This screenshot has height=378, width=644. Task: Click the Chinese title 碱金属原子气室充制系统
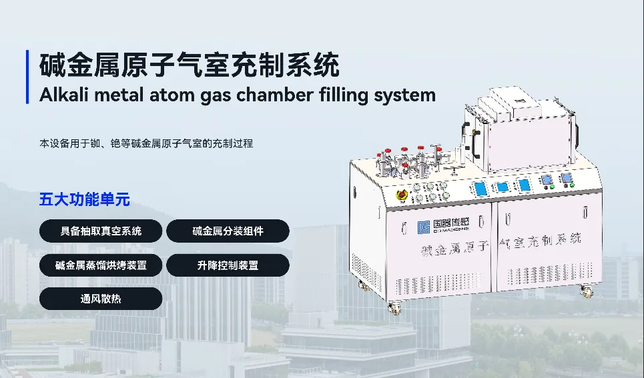pyautogui.click(x=190, y=66)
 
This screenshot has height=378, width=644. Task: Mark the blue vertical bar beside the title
pyautogui.click(x=28, y=77)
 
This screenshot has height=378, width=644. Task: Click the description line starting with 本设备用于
pyautogui.click(x=146, y=143)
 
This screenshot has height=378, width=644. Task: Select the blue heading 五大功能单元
pyautogui.click(x=84, y=199)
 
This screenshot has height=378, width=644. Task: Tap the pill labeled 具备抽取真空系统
pyautogui.click(x=101, y=231)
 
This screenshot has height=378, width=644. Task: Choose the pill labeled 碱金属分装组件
pyautogui.click(x=228, y=231)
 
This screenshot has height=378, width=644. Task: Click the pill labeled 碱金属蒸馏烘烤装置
pyautogui.click(x=101, y=265)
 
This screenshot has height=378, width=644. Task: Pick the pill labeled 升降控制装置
pyautogui.click(x=228, y=265)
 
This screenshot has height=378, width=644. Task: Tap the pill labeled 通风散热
pyautogui.click(x=101, y=299)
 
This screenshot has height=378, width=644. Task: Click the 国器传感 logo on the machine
pyautogui.click(x=444, y=227)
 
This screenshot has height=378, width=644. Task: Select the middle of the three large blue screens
pyautogui.click(x=501, y=187)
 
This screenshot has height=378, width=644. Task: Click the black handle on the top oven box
pyautogui.click(x=476, y=133)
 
